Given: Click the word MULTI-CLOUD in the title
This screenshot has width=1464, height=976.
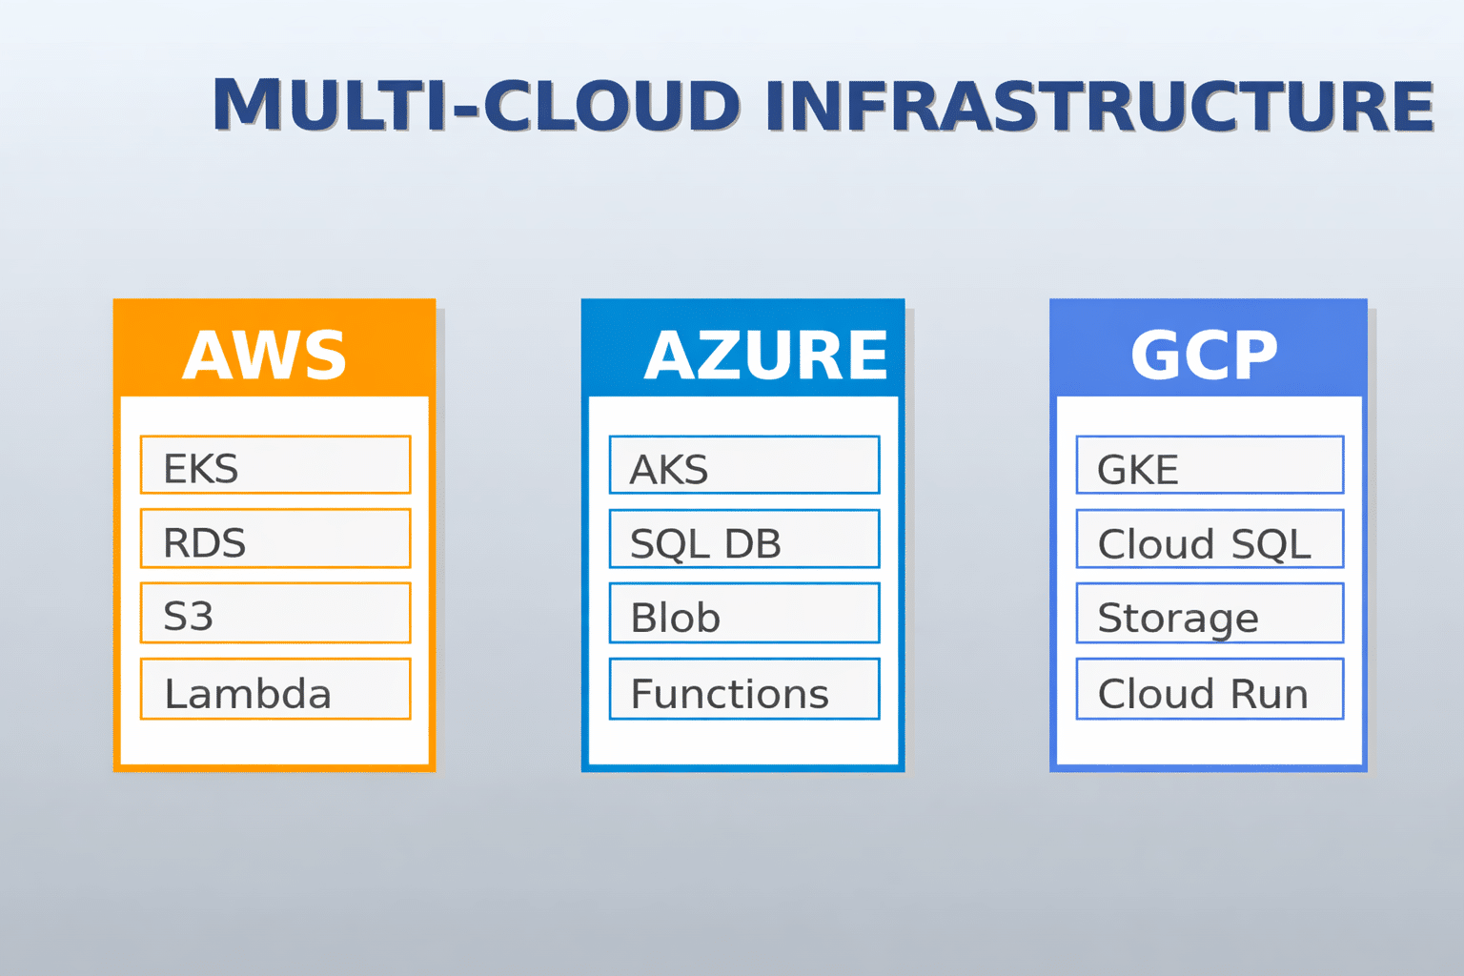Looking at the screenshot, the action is (477, 105).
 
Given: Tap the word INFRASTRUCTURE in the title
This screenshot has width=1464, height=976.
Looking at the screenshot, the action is (1100, 105).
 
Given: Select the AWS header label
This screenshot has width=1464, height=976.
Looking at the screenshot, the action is (264, 355).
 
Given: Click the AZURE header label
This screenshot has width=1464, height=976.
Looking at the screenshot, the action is (766, 355).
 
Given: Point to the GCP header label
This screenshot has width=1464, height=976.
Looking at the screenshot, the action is (1204, 355).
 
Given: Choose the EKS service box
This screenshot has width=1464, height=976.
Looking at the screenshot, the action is (275, 465).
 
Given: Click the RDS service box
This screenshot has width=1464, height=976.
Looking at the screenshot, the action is (275, 538).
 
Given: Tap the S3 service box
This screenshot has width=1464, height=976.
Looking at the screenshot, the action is (275, 613).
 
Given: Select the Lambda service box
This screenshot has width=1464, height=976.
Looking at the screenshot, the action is (275, 689).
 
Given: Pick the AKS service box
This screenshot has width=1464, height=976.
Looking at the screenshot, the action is (744, 465).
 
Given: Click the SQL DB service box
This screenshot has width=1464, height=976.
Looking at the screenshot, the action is (744, 539).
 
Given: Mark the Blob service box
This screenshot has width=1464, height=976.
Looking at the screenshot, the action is (744, 613).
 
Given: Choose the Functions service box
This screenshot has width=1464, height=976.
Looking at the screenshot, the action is (744, 689).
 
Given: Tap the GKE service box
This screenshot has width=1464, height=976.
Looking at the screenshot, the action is (1210, 465).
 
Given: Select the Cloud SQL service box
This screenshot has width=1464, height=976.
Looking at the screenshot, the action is (1210, 539).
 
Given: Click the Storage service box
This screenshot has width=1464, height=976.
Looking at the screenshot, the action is (1210, 613).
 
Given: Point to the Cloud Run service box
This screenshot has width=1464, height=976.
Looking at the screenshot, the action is (1210, 689).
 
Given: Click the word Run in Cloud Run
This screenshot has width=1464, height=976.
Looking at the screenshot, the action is (1270, 694).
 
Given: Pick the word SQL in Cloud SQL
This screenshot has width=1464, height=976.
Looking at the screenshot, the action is (1271, 544).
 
